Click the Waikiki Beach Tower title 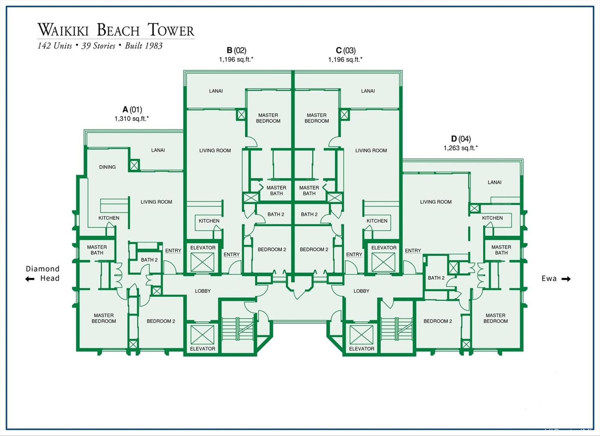click(115, 30)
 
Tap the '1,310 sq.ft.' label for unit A click(132, 119)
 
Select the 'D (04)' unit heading click(461, 139)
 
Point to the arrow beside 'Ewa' click(566, 279)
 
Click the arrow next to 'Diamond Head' click(30, 279)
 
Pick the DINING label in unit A click(107, 167)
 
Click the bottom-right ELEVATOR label click(361, 349)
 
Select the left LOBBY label click(202, 291)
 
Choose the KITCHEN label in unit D click(492, 218)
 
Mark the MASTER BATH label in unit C click(309, 190)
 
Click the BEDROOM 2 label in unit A click(160, 321)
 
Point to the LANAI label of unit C click(367, 91)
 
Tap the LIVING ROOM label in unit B click(215, 150)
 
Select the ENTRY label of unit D click(412, 250)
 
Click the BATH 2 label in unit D click(436, 278)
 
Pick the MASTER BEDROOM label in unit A click(104, 318)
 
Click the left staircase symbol click(238, 329)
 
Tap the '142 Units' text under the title click(55, 46)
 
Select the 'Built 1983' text click(144, 46)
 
